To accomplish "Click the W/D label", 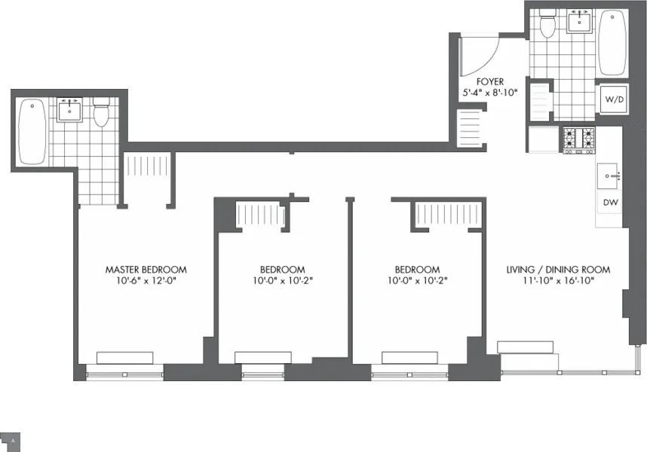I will point(612,99).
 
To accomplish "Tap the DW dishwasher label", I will point(609,202).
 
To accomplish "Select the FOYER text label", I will point(489,81).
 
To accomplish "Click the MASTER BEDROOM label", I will point(146,269).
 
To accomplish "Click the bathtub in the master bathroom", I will point(32,131).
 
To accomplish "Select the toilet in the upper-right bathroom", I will point(547,26).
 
